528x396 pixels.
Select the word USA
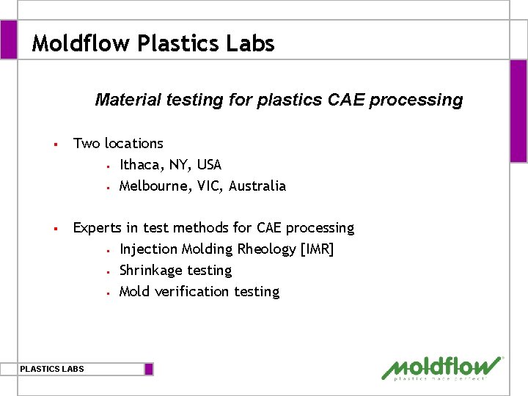click(x=209, y=165)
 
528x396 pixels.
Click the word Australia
click(x=257, y=186)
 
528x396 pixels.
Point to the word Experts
click(x=98, y=228)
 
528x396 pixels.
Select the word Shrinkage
click(x=151, y=271)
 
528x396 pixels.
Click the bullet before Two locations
click(x=55, y=144)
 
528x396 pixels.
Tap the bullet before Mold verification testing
click(x=107, y=293)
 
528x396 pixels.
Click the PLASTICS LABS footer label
click(x=52, y=369)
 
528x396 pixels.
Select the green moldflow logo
click(x=442, y=368)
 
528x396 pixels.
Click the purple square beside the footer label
click(x=149, y=369)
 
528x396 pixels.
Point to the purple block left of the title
click(x=9, y=40)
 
